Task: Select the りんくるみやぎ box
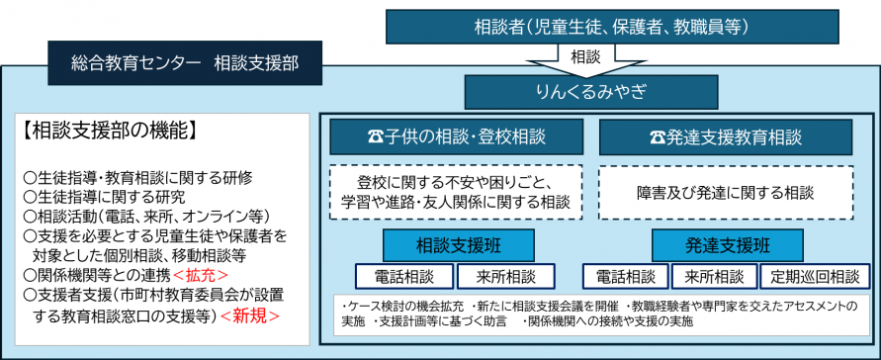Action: coord(591,92)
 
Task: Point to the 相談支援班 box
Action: coord(458,243)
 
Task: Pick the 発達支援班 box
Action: coord(726,243)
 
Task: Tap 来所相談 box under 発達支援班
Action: coord(715,277)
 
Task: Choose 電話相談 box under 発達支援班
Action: coord(624,277)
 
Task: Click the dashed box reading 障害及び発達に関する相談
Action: coord(725,191)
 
